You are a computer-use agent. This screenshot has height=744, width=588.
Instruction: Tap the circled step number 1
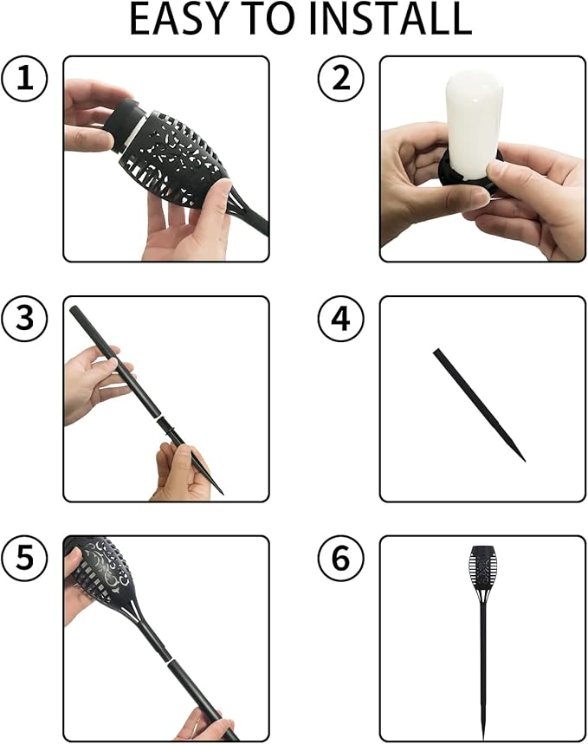click(24, 78)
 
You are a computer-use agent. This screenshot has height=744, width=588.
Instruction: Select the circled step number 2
click(340, 78)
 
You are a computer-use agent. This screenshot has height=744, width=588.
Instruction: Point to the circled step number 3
click(24, 318)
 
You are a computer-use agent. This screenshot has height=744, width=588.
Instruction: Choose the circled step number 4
click(340, 318)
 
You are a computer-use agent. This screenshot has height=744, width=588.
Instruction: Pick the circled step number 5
click(24, 558)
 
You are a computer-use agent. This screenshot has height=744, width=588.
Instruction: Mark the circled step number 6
click(340, 558)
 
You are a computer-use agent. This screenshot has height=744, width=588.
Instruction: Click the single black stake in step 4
click(480, 404)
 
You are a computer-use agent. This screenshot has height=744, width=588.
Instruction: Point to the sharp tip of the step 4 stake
click(525, 460)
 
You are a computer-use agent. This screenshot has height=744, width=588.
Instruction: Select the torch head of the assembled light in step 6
click(483, 569)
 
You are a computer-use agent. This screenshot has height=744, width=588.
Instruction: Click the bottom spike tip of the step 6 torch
click(483, 740)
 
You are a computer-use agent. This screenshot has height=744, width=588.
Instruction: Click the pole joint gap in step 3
click(158, 417)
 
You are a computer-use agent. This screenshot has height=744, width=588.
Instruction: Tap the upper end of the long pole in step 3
click(74, 310)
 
